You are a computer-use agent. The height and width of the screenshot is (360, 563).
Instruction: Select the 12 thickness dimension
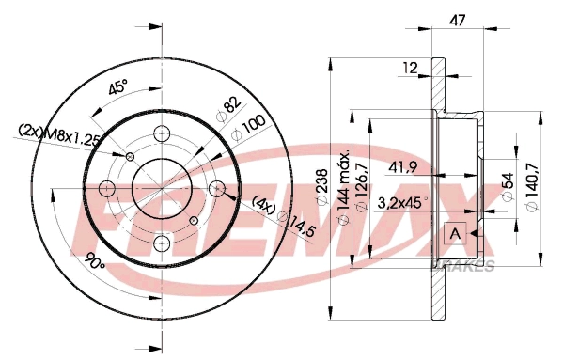coord(410,67)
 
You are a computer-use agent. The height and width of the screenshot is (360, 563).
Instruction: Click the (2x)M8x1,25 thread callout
coord(58,134)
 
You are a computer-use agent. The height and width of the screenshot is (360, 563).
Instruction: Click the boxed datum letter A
coord(456,232)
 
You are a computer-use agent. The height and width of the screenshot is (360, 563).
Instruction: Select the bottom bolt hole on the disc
coord(162,244)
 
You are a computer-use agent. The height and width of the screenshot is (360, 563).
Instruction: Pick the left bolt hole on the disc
coord(105,188)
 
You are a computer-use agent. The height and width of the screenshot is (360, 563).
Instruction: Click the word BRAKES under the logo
coord(462,267)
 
